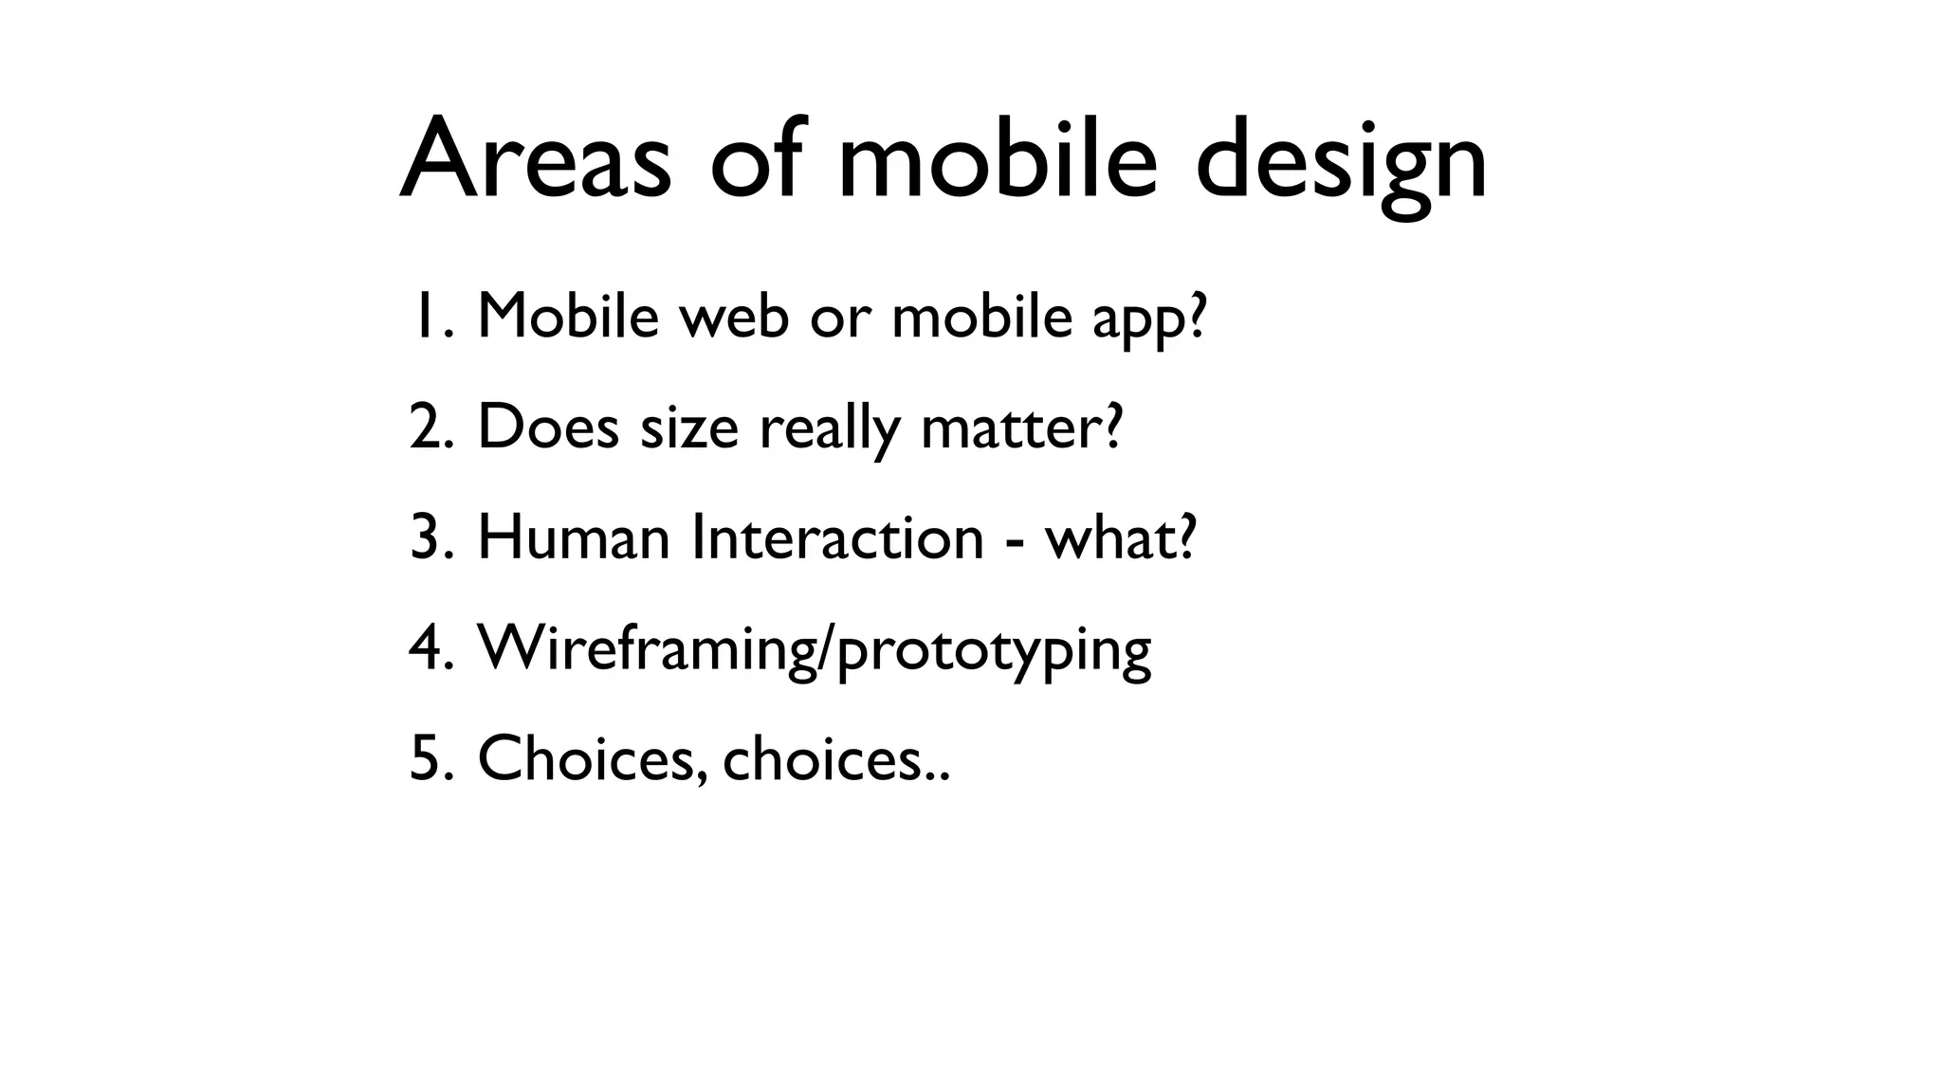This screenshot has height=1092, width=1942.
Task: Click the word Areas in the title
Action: click(x=536, y=159)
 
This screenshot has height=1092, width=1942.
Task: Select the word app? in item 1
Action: click(x=1149, y=320)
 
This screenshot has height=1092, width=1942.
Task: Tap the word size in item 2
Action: click(x=689, y=428)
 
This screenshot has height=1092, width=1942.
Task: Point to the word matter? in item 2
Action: click(x=1021, y=428)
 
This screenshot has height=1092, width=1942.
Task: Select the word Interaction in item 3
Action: click(x=837, y=537)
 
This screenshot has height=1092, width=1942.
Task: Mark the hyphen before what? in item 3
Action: click(x=1015, y=542)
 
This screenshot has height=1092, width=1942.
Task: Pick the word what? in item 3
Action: click(x=1121, y=537)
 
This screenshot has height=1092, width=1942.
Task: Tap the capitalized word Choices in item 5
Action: click(x=592, y=759)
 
